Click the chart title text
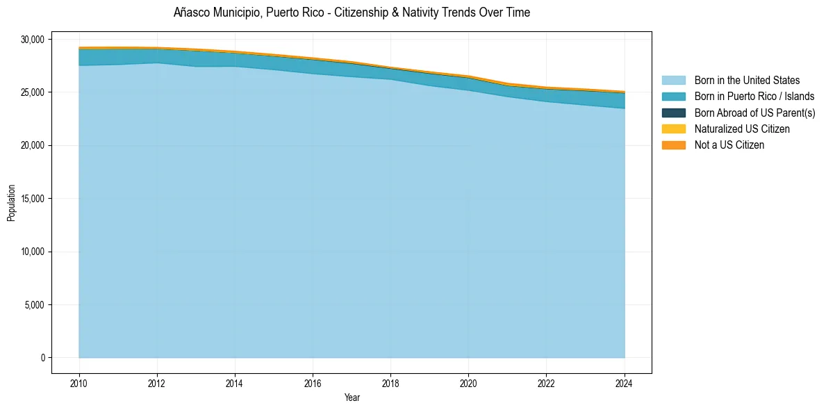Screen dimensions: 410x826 click(352, 13)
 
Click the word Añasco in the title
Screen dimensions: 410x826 click(190, 13)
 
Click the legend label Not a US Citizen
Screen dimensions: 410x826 click(729, 145)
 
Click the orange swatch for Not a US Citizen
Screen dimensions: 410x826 click(673, 145)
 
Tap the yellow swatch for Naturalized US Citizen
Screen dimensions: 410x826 click(673, 129)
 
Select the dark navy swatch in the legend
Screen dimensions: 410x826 click(673, 113)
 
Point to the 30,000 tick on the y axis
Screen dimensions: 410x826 click(33, 40)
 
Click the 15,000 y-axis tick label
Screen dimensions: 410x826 click(33, 199)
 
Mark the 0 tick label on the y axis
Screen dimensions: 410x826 click(42, 358)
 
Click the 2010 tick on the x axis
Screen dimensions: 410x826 click(79, 383)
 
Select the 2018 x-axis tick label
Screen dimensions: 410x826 click(390, 383)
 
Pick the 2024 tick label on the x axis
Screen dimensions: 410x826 click(625, 383)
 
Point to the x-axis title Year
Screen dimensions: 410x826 click(352, 398)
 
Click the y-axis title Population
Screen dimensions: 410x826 click(12, 203)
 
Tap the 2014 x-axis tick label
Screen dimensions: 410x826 click(235, 383)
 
